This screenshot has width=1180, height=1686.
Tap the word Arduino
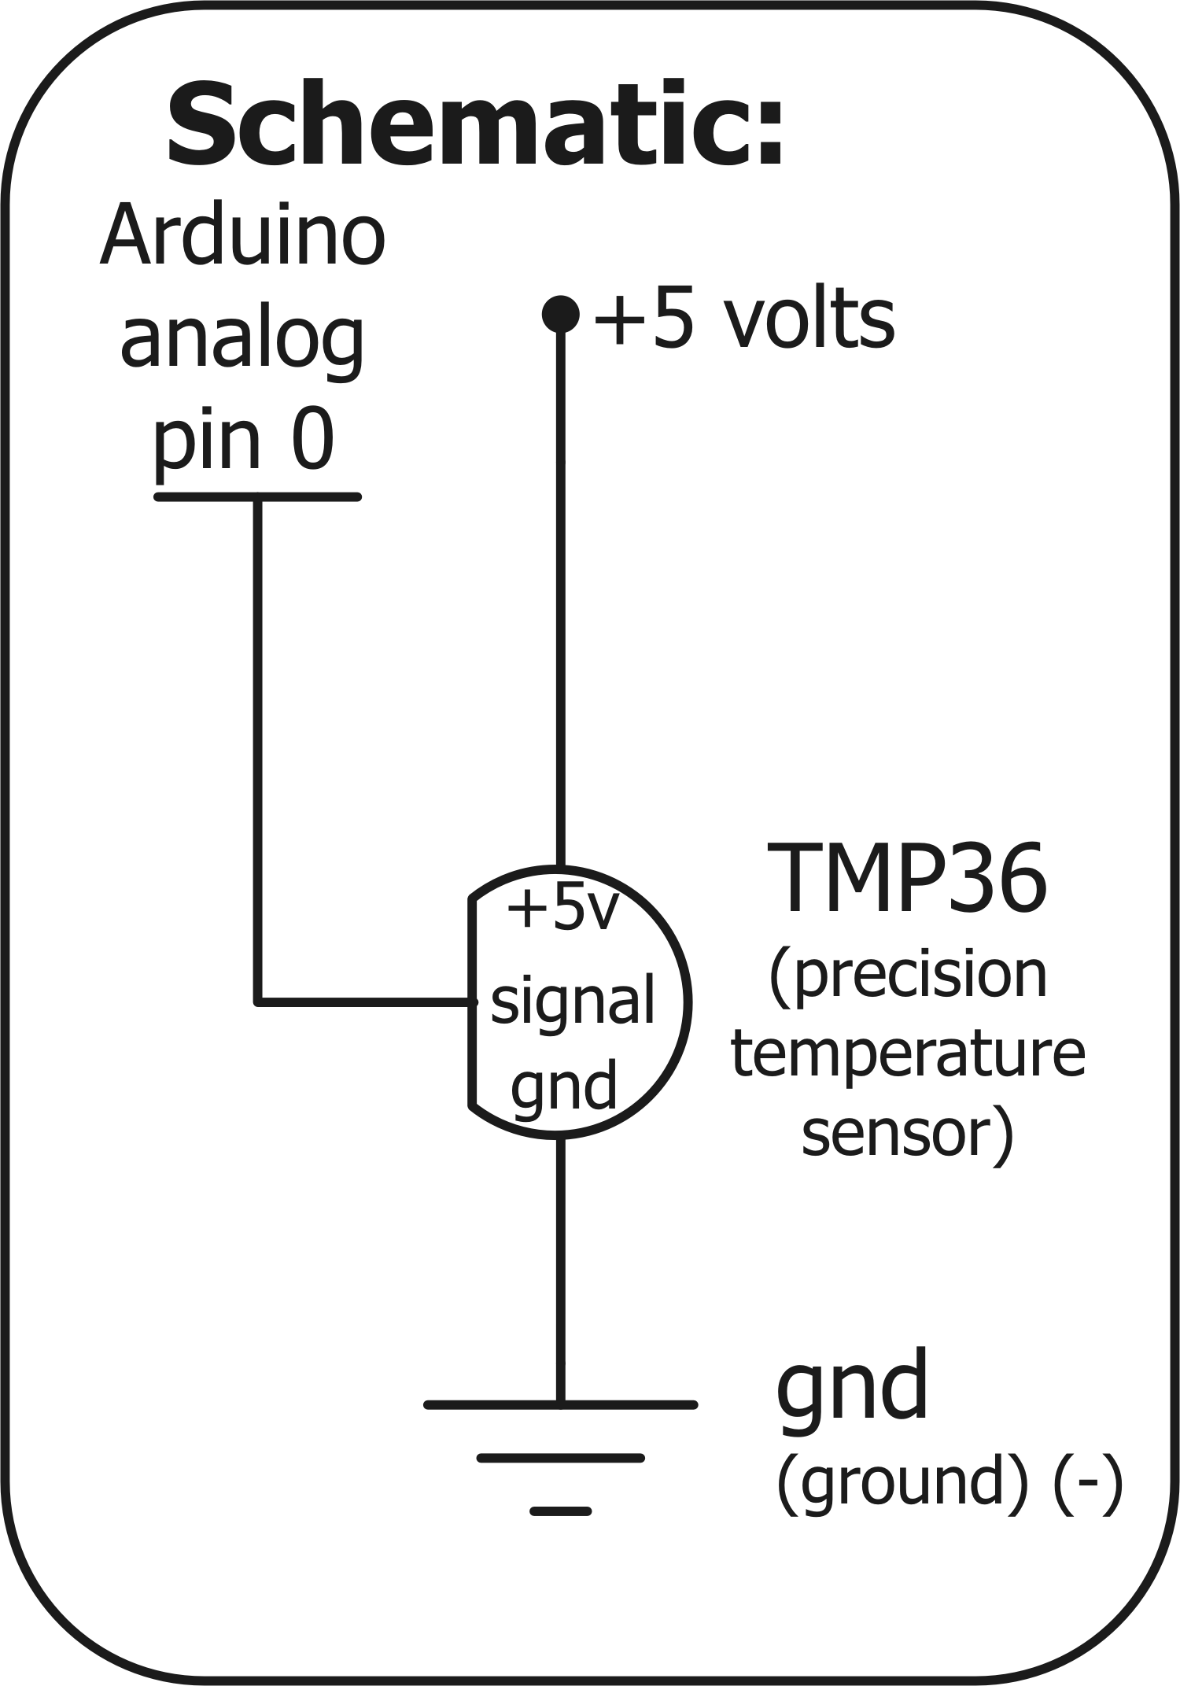[243, 236]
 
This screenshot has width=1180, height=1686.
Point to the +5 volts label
[744, 319]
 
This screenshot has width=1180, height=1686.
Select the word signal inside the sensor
[573, 1000]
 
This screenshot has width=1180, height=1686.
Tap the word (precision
[908, 976]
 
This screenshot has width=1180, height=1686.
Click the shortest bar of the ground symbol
[560, 1511]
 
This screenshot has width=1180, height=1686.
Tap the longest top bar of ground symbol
[560, 1404]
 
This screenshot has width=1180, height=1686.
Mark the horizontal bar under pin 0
[257, 496]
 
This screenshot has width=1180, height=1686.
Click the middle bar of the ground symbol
[560, 1458]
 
